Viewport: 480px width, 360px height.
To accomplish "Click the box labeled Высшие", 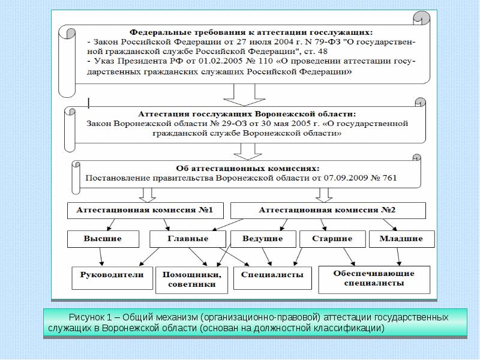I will tap(103, 239).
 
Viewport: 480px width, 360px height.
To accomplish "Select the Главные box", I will tap(187, 239).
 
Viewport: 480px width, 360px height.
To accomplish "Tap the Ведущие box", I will tap(262, 239).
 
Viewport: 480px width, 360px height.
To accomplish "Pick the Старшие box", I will tap(332, 239).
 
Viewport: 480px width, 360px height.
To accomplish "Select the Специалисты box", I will tap(272, 275).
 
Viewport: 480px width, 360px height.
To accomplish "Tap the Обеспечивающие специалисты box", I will tap(373, 278).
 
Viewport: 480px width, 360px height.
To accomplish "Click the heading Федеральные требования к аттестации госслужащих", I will tap(252, 31).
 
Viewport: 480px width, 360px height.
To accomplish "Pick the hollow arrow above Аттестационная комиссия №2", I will tap(324, 194).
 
